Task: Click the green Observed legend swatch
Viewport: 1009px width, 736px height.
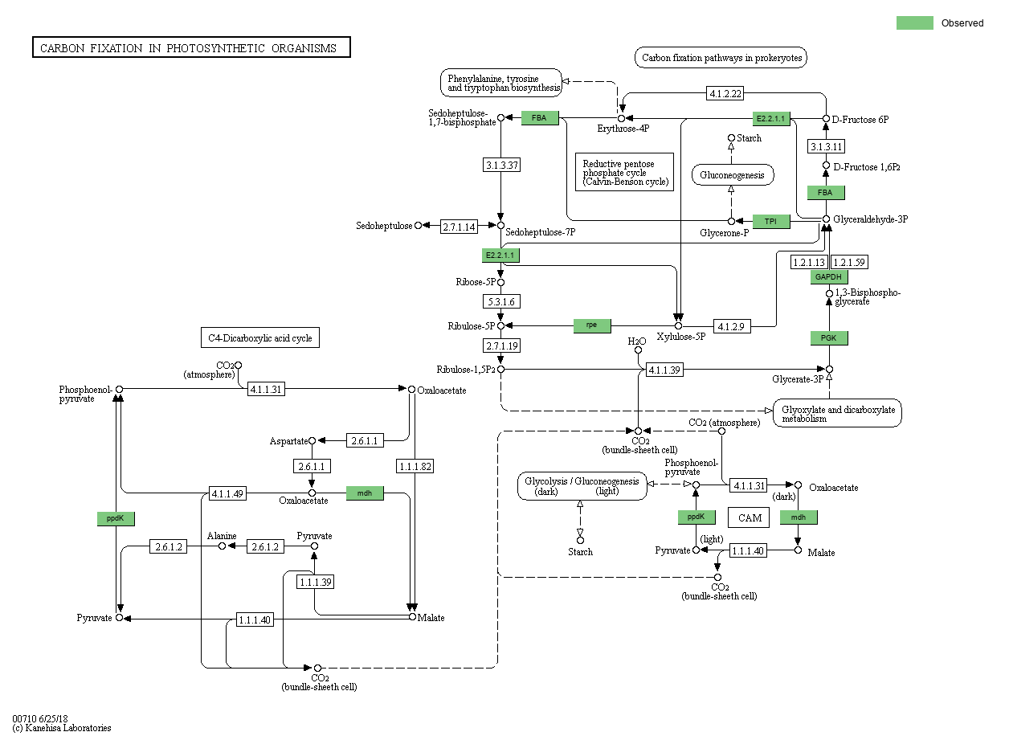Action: (914, 22)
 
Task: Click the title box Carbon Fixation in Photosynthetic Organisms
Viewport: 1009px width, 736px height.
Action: (191, 48)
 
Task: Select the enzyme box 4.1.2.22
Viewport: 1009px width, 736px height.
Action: (724, 93)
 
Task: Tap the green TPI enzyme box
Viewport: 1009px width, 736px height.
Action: (770, 221)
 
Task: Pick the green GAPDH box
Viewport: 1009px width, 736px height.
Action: (828, 277)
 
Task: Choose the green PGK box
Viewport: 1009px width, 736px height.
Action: (828, 338)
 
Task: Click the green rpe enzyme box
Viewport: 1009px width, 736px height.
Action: (591, 325)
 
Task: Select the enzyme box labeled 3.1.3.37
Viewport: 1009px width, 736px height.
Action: (501, 165)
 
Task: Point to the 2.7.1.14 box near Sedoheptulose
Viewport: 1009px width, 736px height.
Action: (459, 227)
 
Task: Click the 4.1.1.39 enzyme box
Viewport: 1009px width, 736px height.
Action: (664, 370)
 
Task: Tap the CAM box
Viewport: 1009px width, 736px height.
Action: (750, 517)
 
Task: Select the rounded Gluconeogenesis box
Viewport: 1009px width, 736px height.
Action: (732, 174)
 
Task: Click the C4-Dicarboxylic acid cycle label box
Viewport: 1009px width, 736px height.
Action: (259, 338)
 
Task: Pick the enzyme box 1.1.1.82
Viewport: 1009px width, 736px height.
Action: (415, 466)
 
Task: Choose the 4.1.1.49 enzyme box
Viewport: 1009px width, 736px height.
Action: (227, 493)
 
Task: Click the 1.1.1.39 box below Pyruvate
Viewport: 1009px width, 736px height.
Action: (315, 582)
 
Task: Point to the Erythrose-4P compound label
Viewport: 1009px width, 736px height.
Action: (623, 129)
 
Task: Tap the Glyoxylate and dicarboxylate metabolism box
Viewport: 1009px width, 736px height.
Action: (837, 413)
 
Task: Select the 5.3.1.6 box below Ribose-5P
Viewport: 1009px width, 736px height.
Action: (500, 302)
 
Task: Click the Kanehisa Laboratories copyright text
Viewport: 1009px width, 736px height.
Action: (62, 728)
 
